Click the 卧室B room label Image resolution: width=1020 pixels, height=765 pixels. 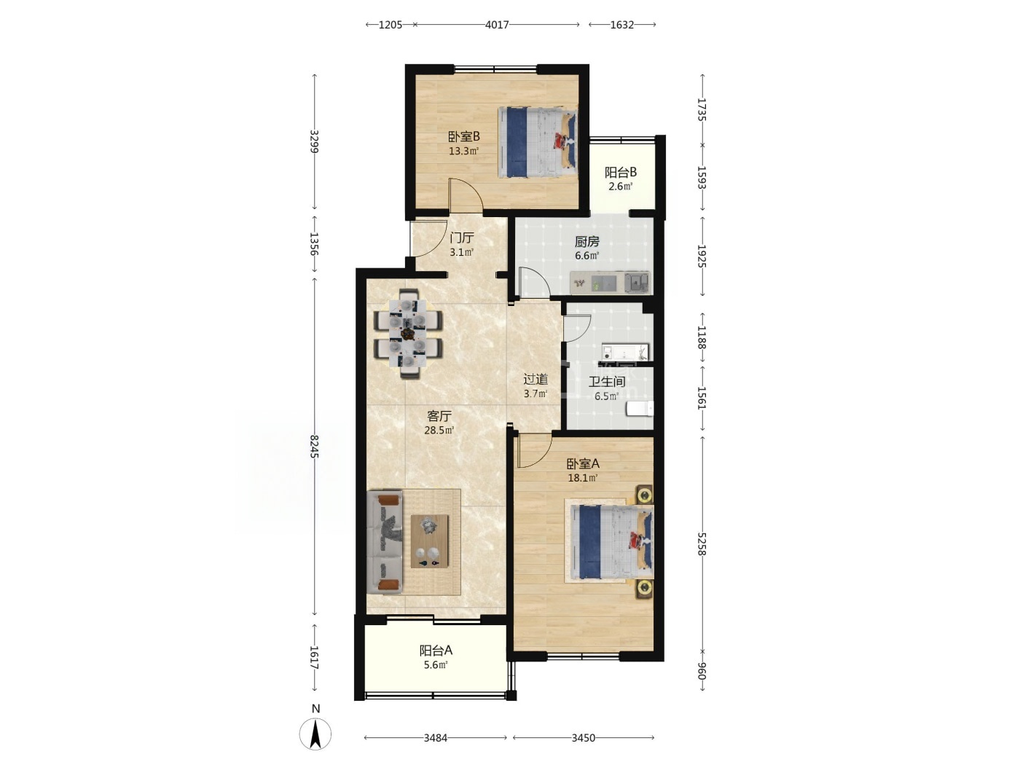pos(464,136)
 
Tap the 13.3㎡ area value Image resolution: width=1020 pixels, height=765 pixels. pos(464,151)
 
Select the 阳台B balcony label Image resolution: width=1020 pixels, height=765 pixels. pos(620,173)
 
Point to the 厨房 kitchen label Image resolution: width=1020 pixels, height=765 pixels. pos(587,242)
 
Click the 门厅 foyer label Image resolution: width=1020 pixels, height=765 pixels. pos(462,238)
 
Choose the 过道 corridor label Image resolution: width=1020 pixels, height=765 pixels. pos(535,380)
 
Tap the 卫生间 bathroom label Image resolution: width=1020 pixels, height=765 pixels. pos(607,382)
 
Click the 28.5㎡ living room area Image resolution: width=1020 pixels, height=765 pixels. pos(439,430)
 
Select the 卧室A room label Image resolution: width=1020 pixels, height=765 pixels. pos(583,463)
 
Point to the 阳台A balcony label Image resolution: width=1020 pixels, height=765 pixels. pos(436,651)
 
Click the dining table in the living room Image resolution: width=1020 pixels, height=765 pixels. pos(408,333)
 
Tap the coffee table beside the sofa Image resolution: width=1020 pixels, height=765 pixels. pos(430,541)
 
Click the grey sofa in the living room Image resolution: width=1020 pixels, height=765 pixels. pos(384,541)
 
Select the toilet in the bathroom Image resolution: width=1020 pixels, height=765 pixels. pos(640,409)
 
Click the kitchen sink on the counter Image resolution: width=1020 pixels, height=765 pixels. pos(637,282)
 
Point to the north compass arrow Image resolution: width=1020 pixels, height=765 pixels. pos(315,734)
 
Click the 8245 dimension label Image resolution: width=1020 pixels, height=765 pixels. pos(315,447)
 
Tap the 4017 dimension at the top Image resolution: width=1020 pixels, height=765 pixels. pos(497,25)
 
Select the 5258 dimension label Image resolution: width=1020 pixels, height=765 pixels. pos(702,544)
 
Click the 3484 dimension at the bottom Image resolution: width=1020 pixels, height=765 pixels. pos(436,737)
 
